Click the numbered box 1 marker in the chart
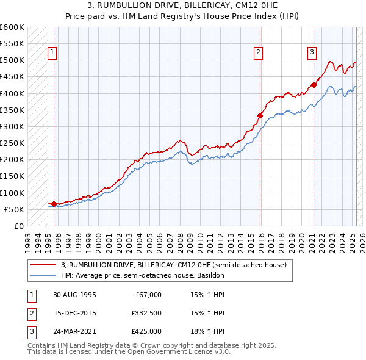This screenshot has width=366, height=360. (53, 53)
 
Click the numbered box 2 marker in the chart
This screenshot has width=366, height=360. (259, 53)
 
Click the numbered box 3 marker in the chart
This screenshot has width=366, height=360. (312, 53)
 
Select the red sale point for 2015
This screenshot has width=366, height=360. (260, 115)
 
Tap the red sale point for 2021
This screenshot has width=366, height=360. (314, 85)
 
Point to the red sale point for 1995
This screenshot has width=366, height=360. (54, 204)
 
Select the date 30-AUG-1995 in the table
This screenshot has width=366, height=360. (74, 295)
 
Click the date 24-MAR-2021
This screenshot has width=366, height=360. (74, 331)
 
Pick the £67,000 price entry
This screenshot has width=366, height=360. (148, 295)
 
